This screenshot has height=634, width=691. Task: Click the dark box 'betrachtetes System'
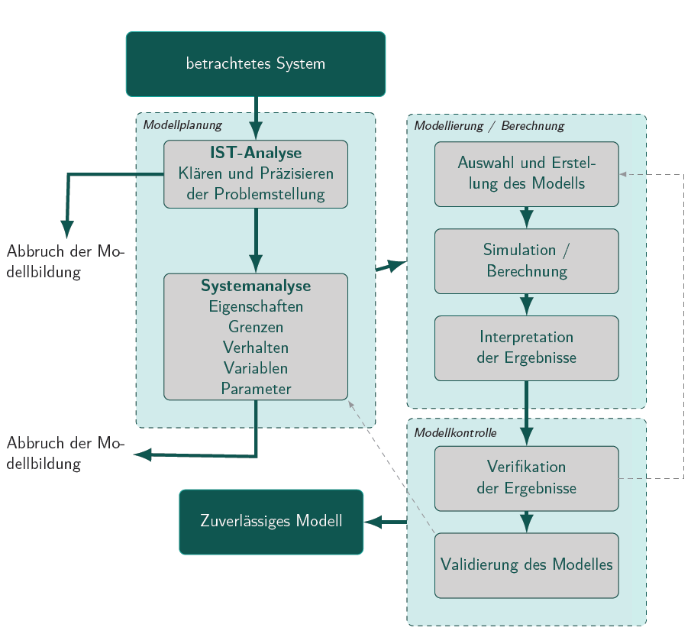(x=255, y=64)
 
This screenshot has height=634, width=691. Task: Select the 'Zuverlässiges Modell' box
(x=271, y=522)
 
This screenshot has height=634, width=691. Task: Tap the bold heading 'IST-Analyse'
(x=256, y=153)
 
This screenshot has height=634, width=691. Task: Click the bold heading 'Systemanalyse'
(x=256, y=286)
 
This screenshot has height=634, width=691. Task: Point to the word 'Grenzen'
(x=256, y=327)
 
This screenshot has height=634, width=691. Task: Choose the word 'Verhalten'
(x=256, y=348)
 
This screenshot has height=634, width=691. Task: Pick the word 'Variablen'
(x=256, y=368)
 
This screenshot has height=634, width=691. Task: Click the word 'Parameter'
(x=256, y=389)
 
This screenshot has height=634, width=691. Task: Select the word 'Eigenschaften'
(x=256, y=306)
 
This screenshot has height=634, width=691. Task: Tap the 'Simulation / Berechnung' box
(x=526, y=260)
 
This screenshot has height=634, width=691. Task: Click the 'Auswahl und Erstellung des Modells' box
(x=526, y=173)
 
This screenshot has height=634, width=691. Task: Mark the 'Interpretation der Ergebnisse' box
(x=526, y=348)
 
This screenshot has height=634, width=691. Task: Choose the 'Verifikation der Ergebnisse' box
(x=526, y=477)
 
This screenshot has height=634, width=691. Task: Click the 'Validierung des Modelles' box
(x=526, y=565)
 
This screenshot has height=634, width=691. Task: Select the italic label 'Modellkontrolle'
(x=455, y=432)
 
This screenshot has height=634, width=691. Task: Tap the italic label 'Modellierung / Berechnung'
(x=489, y=125)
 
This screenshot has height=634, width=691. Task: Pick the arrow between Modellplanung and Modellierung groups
(x=391, y=266)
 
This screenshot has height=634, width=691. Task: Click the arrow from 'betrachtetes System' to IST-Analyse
(x=256, y=115)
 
